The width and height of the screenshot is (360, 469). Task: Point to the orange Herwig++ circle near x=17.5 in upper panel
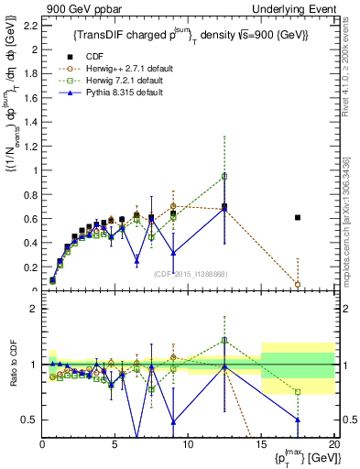click(x=298, y=285)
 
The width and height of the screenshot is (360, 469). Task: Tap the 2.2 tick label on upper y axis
click(x=28, y=26)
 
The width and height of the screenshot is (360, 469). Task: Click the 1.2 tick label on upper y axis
click(x=28, y=146)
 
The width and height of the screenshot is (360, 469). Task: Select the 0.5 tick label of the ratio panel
click(x=27, y=420)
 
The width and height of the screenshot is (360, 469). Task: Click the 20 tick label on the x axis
click(x=333, y=446)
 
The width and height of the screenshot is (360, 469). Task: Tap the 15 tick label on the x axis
click(x=261, y=446)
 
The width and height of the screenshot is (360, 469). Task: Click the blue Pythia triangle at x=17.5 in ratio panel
click(x=298, y=420)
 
